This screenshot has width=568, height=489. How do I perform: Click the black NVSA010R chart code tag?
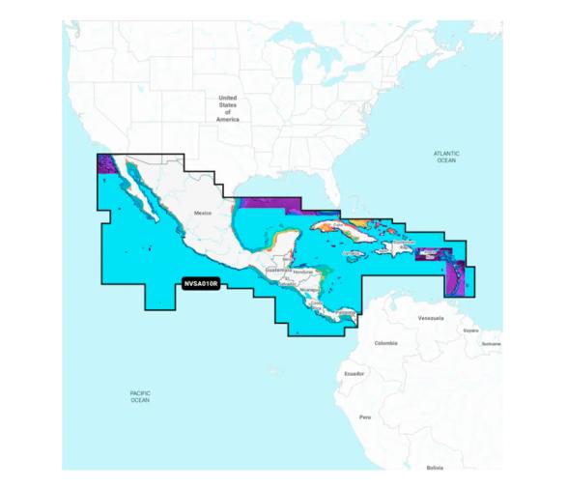pyautogui.click(x=201, y=284)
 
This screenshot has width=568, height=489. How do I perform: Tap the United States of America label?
pyautogui.click(x=227, y=107)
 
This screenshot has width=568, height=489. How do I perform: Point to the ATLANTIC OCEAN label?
pyautogui.click(x=445, y=157)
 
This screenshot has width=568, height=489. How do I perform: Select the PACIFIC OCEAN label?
pyautogui.click(x=140, y=396)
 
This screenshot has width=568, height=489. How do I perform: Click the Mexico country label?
pyautogui.click(x=202, y=212)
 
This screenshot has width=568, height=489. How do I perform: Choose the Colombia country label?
pyautogui.click(x=385, y=342)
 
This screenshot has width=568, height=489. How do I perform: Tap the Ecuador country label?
pyautogui.click(x=354, y=373)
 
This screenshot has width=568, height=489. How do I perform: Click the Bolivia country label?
pyautogui.click(x=435, y=467)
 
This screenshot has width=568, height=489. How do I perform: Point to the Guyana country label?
pyautogui.click(x=470, y=331)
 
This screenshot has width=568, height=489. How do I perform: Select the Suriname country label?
pyautogui.click(x=492, y=343)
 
